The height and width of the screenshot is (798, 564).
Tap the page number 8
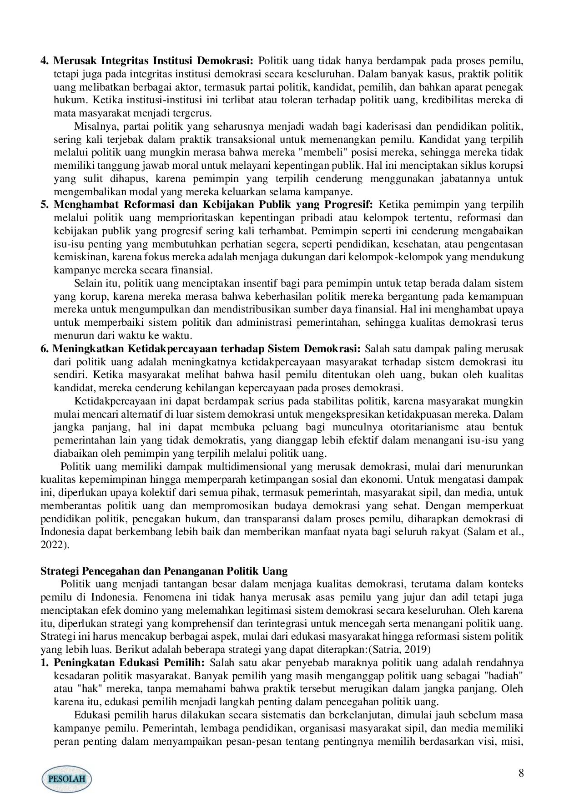point(521,773)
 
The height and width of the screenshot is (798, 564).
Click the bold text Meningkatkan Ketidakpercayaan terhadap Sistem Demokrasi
point(207,349)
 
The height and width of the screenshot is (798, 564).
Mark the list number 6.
point(44,349)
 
